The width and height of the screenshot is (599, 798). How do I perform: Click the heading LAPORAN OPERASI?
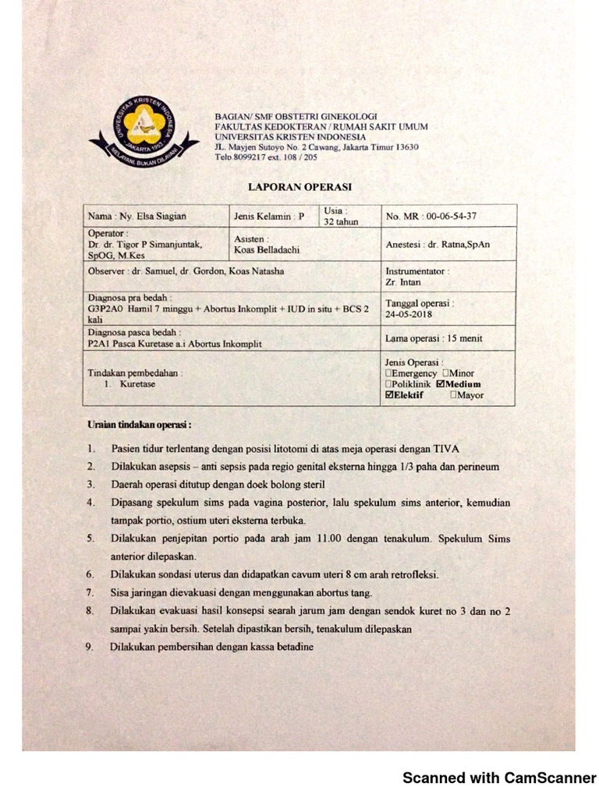299,187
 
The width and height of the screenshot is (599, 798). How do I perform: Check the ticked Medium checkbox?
441,384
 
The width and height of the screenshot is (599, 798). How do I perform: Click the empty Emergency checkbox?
389,373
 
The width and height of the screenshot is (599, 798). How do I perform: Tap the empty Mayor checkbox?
454,395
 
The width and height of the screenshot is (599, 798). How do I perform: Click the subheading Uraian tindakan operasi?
139,425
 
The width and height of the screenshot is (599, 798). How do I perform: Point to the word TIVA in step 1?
446,449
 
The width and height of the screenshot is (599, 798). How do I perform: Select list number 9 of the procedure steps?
90,647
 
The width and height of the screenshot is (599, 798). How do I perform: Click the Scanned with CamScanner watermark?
498,778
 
